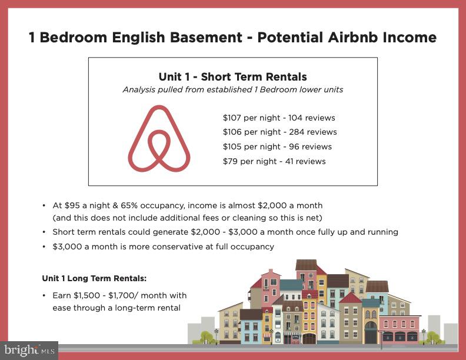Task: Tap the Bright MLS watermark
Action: (29, 350)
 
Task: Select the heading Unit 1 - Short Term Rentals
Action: (232, 76)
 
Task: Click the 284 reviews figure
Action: (313, 132)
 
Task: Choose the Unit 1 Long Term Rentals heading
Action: (94, 278)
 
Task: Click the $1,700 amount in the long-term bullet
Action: (121, 295)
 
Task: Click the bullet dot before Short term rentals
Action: (44, 232)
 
